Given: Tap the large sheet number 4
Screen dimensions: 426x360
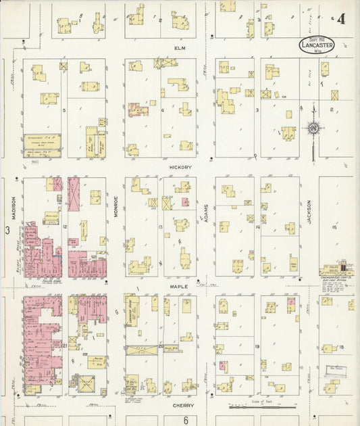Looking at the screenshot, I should pos(342,20).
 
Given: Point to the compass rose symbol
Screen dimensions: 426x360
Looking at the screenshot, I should pos(313,127).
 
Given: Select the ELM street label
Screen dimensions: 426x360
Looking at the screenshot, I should pos(180,49).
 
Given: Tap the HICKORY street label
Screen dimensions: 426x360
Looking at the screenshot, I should pos(181,167).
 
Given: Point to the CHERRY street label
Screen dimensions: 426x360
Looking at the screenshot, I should pos(182,406).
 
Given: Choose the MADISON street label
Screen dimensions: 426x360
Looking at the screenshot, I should pos(13,207).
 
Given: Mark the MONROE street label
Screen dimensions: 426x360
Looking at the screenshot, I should pos(115,206).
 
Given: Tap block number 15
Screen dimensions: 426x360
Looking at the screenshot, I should pos(334,227).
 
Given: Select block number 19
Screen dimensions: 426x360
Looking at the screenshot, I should pos(258,346).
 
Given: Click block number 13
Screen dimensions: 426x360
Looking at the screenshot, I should pos(161,227).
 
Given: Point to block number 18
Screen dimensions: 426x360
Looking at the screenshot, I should pos(342,347).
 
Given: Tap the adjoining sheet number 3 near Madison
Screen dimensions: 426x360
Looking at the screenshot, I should pos(7,231).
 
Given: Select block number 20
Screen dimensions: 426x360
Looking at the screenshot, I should pos(161,346).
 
